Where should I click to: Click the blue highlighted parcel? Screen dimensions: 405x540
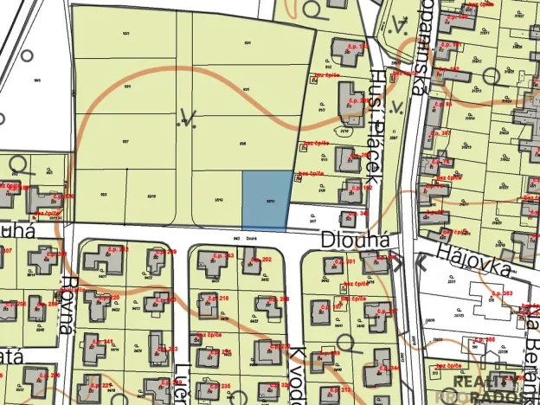[x=264, y=201]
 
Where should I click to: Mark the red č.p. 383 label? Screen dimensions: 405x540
[x=501, y=294]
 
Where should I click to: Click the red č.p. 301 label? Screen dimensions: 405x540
[x=345, y=260]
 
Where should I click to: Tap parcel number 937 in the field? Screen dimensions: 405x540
[x=125, y=140]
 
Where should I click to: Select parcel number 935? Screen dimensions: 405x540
[x=125, y=87]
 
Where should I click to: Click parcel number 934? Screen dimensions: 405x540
[x=247, y=42]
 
